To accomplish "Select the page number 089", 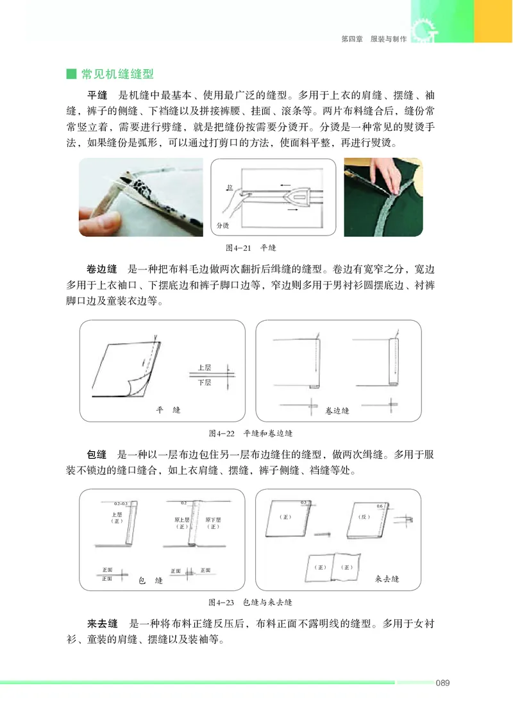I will click(x=442, y=682).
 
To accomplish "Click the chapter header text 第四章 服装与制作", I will click(x=373, y=39).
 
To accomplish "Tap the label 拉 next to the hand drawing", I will click(x=228, y=187).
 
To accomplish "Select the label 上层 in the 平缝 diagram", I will click(x=205, y=368).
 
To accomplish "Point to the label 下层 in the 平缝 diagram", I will click(x=205, y=382).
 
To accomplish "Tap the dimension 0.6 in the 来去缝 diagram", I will click(x=380, y=506).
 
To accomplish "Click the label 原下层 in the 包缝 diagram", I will click(x=213, y=519).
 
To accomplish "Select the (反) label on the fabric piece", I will click(x=364, y=517).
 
